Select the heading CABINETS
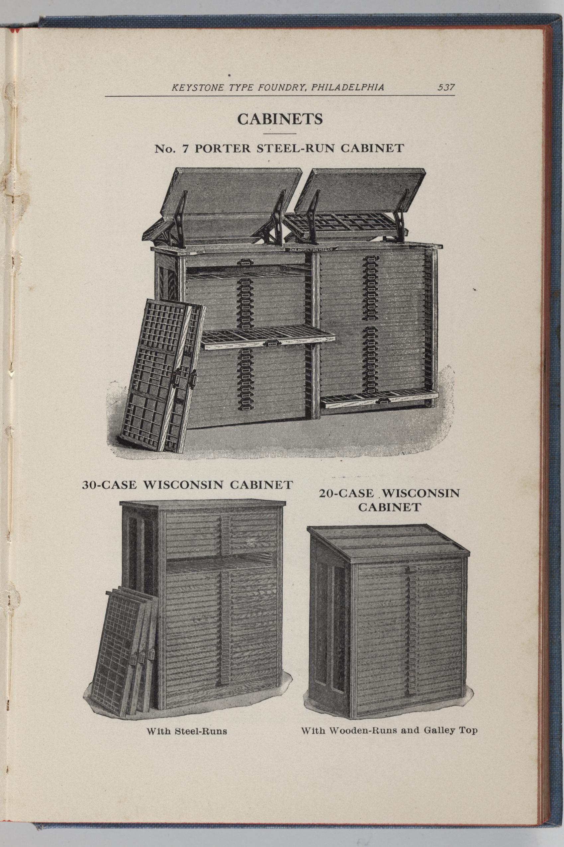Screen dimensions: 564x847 [x=280, y=119]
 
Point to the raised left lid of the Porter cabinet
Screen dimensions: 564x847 [x=223, y=205]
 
